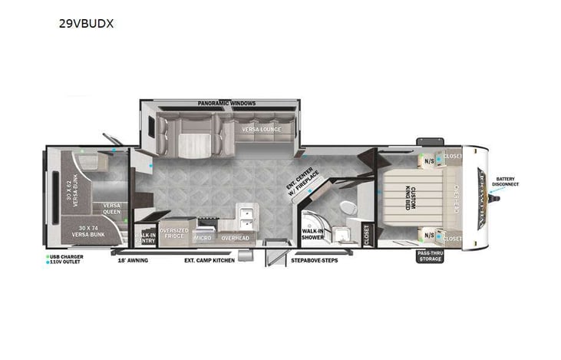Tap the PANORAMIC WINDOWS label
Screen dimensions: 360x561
click(226, 104)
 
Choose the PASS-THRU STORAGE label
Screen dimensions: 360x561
click(430, 256)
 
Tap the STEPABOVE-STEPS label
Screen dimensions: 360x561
click(315, 260)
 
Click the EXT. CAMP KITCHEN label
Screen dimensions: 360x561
click(209, 260)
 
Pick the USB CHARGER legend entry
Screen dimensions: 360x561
click(65, 256)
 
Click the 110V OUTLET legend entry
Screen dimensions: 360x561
click(65, 262)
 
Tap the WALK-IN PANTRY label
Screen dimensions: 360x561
click(145, 238)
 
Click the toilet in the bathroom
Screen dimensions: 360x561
click(347, 208)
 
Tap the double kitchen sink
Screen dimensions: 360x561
click(246, 214)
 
